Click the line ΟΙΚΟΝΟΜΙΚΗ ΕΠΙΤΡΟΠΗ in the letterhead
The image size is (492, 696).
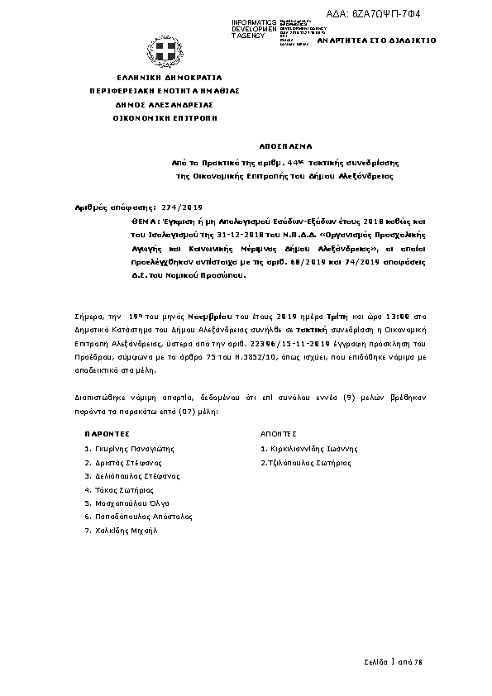164,119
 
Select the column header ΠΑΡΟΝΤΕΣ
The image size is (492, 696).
107,433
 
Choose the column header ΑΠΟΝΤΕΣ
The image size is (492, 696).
279,433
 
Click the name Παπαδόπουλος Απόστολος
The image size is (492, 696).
138,517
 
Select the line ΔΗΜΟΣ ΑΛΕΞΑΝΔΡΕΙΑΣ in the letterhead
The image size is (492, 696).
164,105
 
